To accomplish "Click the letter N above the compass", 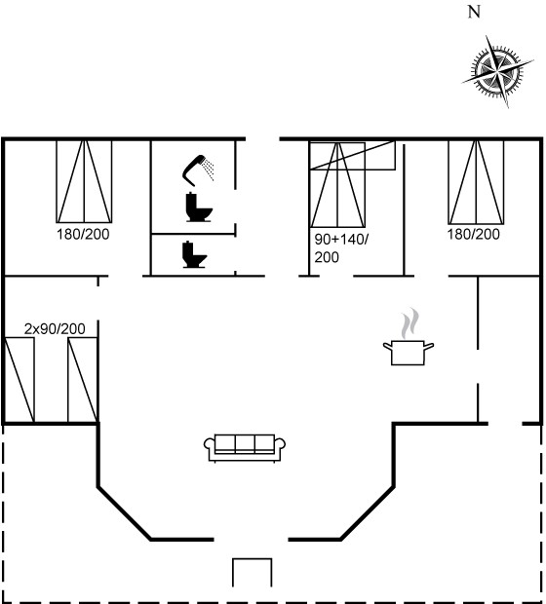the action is click(474, 12).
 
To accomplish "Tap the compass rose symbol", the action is click(498, 71).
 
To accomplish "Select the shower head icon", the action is click(198, 170).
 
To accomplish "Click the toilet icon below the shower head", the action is click(199, 208).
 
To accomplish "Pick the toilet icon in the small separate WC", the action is click(195, 254).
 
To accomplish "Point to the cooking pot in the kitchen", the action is click(409, 352).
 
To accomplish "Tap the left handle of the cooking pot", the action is click(387, 346).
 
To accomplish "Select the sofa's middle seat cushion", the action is click(245, 444).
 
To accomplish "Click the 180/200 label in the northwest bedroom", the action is click(83, 234).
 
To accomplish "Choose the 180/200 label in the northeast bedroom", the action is click(474, 234).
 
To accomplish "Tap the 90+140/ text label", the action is click(341, 240).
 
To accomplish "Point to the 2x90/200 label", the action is click(55, 329).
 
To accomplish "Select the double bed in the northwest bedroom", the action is click(84, 181).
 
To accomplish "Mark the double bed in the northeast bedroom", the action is click(476, 182).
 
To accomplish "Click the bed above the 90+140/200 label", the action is click(337, 185).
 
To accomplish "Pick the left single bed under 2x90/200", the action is click(19, 380).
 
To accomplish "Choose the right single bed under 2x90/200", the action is click(83, 380).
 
